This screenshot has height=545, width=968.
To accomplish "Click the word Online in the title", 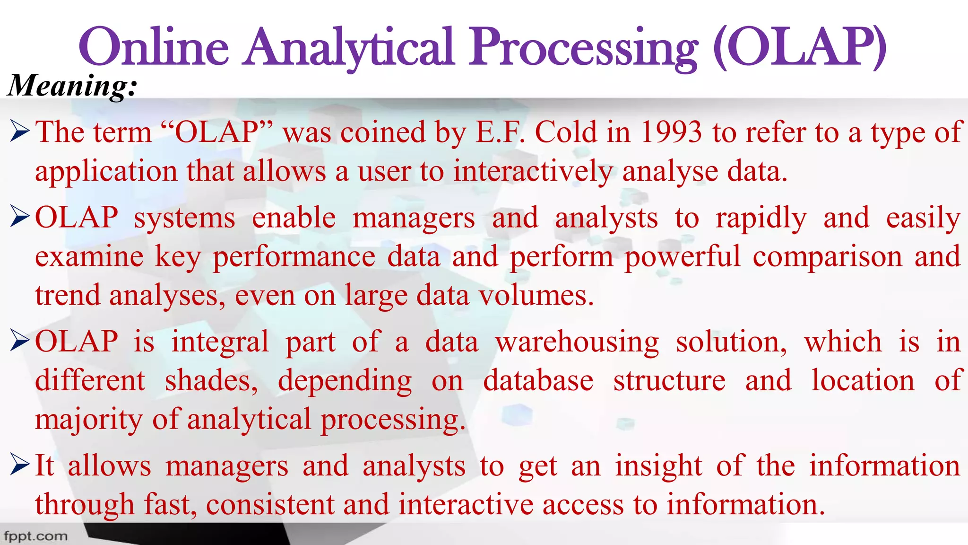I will coord(154,47).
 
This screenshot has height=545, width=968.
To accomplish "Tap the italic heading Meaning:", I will coord(72,86).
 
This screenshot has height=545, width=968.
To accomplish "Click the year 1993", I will coord(671,132).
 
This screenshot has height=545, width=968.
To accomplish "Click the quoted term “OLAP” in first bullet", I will coord(217,132).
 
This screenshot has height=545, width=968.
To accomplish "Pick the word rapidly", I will coord(761,219).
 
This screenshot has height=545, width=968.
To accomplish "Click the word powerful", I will coord(683,257).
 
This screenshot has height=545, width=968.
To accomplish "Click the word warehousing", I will coord(577,342).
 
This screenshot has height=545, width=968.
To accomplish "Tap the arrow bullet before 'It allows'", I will coord(20,466).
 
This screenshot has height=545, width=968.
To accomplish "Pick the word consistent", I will coord(270,504).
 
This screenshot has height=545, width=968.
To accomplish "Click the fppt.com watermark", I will coord(36,536).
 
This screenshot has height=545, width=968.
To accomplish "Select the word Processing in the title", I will coord(584,47).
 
